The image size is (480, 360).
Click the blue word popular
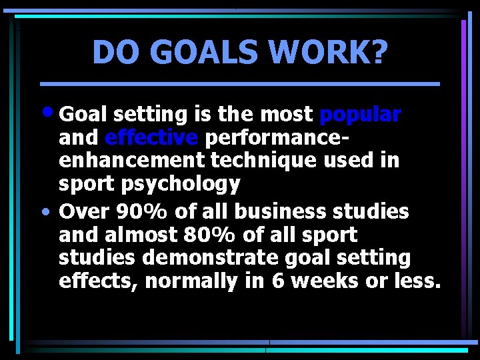[360, 115]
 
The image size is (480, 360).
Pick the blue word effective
[151, 138]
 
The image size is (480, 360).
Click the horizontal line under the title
[240, 84]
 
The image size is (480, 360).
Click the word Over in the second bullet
[84, 212]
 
